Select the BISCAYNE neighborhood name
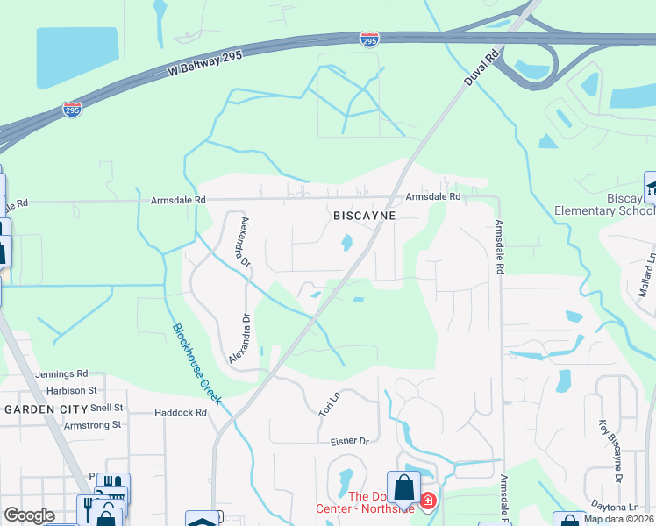click(x=365, y=215)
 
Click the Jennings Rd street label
click(x=62, y=373)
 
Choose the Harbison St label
click(x=67, y=390)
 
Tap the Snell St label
click(x=107, y=408)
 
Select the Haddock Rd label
click(x=180, y=412)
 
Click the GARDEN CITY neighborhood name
click(x=46, y=409)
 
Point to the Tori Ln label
click(x=327, y=404)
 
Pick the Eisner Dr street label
click(x=350, y=442)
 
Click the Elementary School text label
click(x=605, y=210)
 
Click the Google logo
click(x=29, y=515)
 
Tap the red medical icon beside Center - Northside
click(x=427, y=502)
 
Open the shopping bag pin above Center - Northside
click(x=403, y=487)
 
